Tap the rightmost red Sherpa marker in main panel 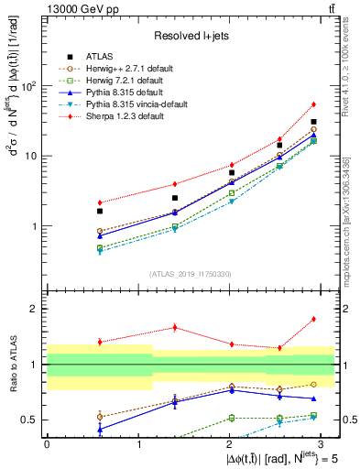tap(313, 104)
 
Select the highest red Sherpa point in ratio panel tap(313, 319)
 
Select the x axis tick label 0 tap(47, 443)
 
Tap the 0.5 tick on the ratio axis tap(32, 420)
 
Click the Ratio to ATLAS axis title tap(12, 365)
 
